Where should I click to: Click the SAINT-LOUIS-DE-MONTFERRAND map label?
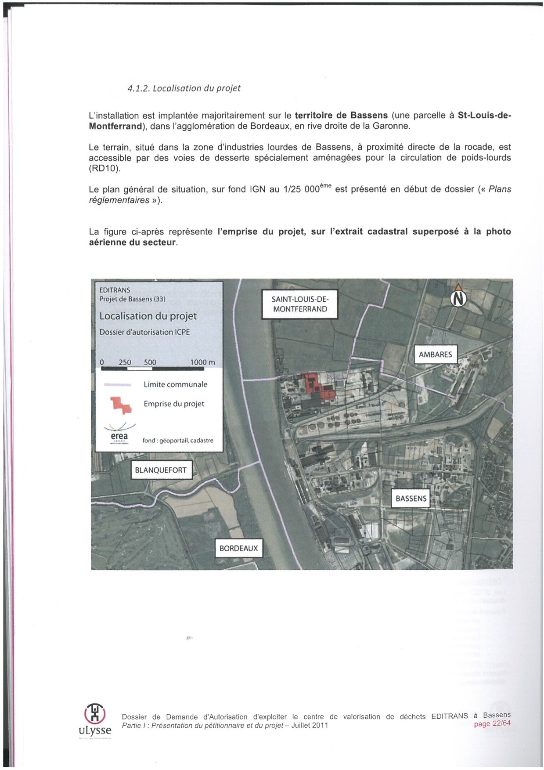point(300,304)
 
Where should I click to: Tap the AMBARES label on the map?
point(435,354)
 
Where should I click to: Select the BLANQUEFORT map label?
point(161,470)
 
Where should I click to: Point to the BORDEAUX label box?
point(238,548)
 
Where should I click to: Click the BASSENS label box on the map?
point(411,499)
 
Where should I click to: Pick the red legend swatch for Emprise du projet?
point(121,405)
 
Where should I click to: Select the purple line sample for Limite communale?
point(117,385)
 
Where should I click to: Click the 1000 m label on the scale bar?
point(202,362)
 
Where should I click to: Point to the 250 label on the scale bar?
point(125,362)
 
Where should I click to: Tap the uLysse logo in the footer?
point(95,720)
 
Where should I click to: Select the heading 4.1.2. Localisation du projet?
point(184,88)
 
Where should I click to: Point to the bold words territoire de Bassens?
point(341,116)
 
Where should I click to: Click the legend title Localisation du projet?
point(148,316)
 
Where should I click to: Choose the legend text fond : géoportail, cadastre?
point(178,440)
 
